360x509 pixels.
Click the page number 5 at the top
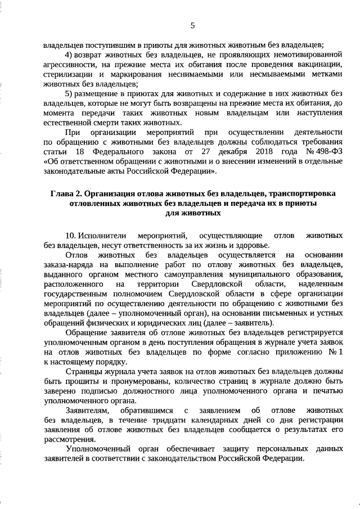click(192, 25)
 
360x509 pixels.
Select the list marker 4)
click(70, 55)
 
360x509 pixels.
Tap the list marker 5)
click(70, 93)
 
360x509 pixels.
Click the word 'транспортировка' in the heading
click(305, 194)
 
